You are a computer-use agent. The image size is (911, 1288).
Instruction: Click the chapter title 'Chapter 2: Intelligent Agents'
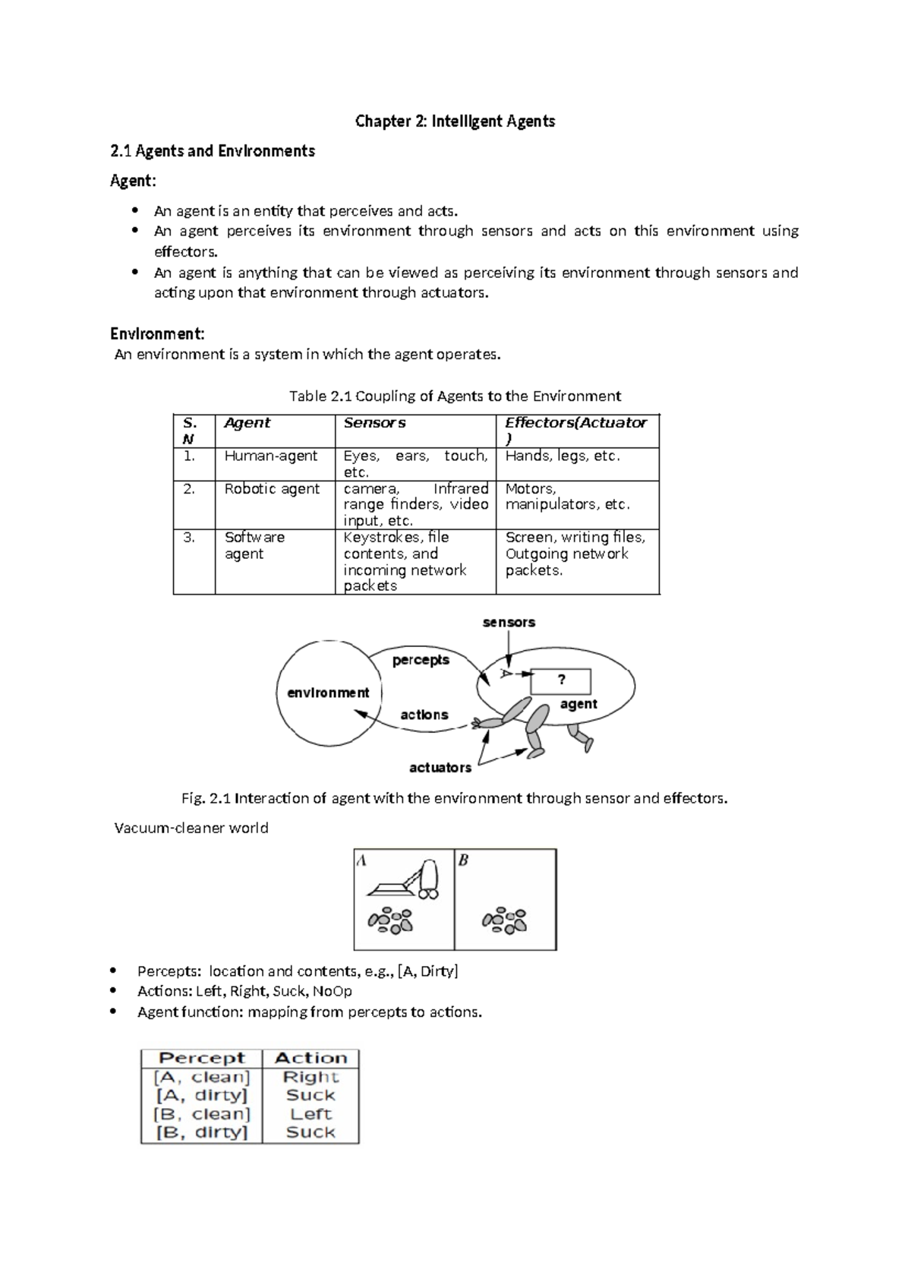[455, 122]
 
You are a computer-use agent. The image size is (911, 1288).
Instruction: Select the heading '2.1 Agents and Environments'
[212, 151]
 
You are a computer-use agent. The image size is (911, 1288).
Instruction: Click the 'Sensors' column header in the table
[374, 423]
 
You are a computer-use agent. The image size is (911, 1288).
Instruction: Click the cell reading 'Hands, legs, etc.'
[563, 456]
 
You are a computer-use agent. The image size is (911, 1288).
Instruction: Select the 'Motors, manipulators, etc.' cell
[568, 497]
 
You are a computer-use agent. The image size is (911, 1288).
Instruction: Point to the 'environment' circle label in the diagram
[328, 693]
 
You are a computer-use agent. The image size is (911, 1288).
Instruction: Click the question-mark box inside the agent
[561, 680]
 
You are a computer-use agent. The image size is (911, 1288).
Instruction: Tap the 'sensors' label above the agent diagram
[509, 623]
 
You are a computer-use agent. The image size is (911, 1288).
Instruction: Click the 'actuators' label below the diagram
[440, 768]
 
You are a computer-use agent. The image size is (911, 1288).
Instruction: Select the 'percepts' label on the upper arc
[421, 660]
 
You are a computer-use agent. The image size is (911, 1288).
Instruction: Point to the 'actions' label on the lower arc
[424, 715]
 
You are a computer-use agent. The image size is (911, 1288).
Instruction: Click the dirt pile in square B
[504, 920]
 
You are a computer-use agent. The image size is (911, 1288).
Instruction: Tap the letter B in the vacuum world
[463, 860]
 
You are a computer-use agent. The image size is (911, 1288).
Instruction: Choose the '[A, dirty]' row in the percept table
[202, 1095]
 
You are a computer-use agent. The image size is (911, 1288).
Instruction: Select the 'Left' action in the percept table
[310, 1114]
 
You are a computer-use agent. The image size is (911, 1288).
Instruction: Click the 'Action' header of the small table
[310, 1058]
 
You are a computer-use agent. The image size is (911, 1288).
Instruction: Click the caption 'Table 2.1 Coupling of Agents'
[455, 396]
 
